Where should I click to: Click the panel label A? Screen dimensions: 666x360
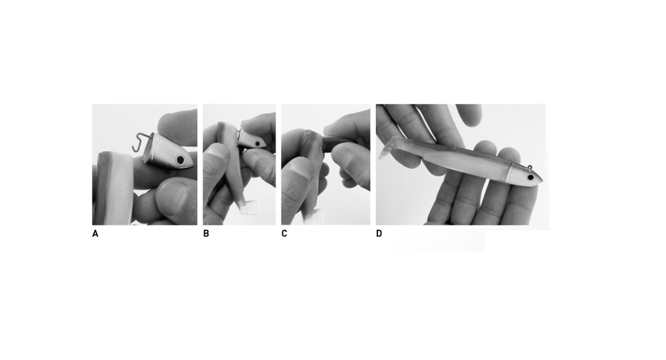point(95,234)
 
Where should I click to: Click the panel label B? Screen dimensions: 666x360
point(206,234)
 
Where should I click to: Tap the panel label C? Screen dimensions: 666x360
point(284,234)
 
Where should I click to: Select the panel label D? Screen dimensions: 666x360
point(379,234)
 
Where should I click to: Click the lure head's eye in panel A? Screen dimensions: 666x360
point(180,160)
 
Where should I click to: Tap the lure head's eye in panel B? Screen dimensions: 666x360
point(258,144)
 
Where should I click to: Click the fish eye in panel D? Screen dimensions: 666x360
point(530,178)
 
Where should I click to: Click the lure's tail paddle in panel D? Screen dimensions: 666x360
point(388,147)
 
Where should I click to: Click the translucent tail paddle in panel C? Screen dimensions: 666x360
point(315,216)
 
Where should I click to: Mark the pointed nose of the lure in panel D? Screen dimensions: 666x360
point(542,180)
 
